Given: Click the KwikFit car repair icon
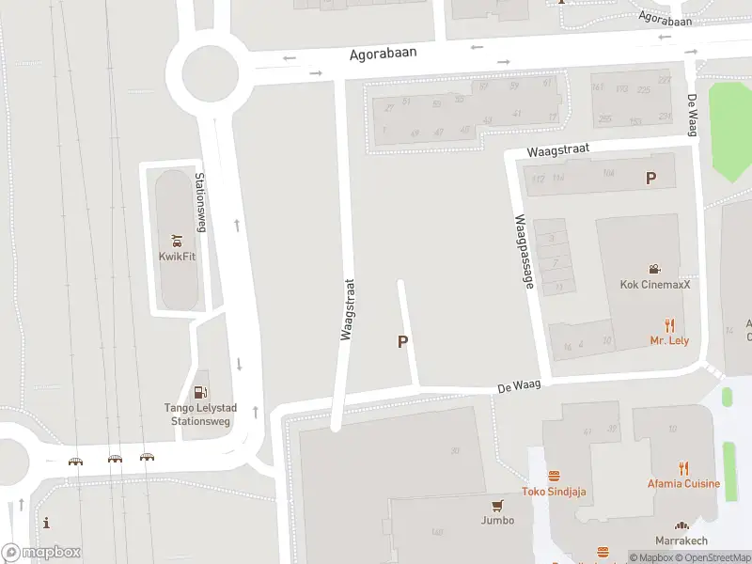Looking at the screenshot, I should click(x=176, y=240).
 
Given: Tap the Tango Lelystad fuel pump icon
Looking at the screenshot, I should click(x=199, y=392).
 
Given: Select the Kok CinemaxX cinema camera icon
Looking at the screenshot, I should click(x=654, y=269).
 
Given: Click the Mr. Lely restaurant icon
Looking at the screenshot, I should click(x=669, y=325).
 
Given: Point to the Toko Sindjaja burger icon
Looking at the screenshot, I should click(x=555, y=476).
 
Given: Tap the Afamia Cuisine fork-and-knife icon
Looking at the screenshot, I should click(x=683, y=468).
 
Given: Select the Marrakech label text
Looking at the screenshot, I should click(x=681, y=540).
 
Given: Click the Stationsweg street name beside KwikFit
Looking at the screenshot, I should click(x=199, y=202).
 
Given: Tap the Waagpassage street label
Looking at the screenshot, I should click(x=524, y=251).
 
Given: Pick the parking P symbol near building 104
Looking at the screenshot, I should click(x=650, y=178).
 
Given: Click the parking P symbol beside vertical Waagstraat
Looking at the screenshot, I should click(x=403, y=342).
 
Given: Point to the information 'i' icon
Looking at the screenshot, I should click(x=46, y=524).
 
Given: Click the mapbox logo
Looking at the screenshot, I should click(x=40, y=553).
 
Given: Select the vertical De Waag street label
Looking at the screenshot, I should click(x=692, y=115).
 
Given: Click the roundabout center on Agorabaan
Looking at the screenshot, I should click(x=211, y=71).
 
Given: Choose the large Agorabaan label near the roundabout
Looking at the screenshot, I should click(x=383, y=55).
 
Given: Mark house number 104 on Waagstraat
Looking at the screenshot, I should click(x=608, y=173).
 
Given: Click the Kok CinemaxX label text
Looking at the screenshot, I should click(x=654, y=285).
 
